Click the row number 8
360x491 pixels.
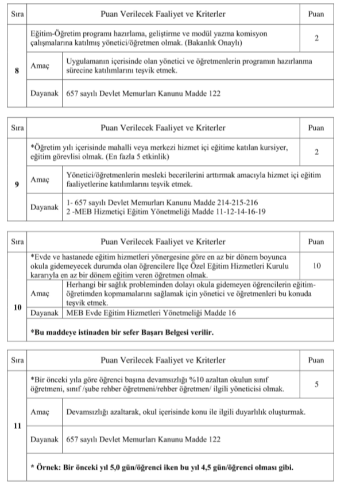point(17,71)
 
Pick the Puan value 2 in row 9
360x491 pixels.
point(316,152)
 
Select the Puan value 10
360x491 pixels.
point(316,266)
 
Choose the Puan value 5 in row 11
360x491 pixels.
point(316,384)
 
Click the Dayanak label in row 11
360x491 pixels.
point(45,440)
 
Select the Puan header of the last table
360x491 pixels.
point(316,360)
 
